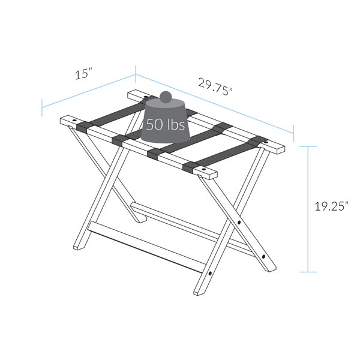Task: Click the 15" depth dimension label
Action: [84, 74]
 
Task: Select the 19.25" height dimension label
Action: [331, 206]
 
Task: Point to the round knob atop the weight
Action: [166, 98]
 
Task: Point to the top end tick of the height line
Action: [308, 146]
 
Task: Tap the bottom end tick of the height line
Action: [308, 272]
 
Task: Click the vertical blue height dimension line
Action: [308, 210]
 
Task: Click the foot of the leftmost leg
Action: [78, 248]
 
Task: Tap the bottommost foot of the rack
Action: [199, 293]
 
